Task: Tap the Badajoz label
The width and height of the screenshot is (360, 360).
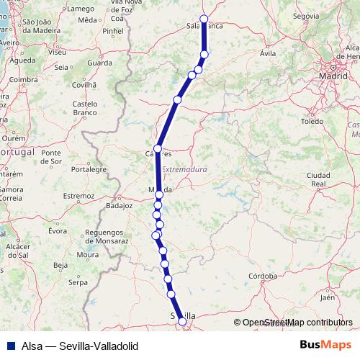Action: tap(120, 204)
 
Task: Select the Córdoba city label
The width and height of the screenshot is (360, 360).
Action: tap(263, 276)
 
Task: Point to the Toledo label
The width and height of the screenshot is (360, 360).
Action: tap(312, 122)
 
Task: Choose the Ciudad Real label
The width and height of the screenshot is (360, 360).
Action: tap(318, 179)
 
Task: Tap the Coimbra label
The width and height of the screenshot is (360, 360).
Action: tap(24, 79)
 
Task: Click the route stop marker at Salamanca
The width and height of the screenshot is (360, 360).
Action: tap(204, 19)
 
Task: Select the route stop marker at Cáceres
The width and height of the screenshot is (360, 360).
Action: tap(158, 149)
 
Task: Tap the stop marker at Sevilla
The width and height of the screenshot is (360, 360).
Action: tap(182, 322)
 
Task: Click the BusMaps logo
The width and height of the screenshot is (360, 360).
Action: tap(325, 345)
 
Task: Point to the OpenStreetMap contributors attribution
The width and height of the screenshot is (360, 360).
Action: tap(296, 323)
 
